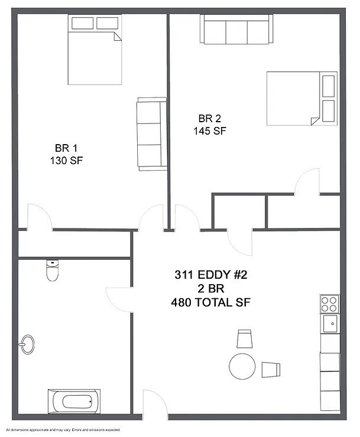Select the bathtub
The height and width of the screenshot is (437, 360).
tap(74, 403)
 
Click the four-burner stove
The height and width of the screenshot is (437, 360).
tap(329, 304)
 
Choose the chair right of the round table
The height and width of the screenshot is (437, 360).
tap(271, 368)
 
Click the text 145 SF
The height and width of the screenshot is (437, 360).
tap(209, 131)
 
